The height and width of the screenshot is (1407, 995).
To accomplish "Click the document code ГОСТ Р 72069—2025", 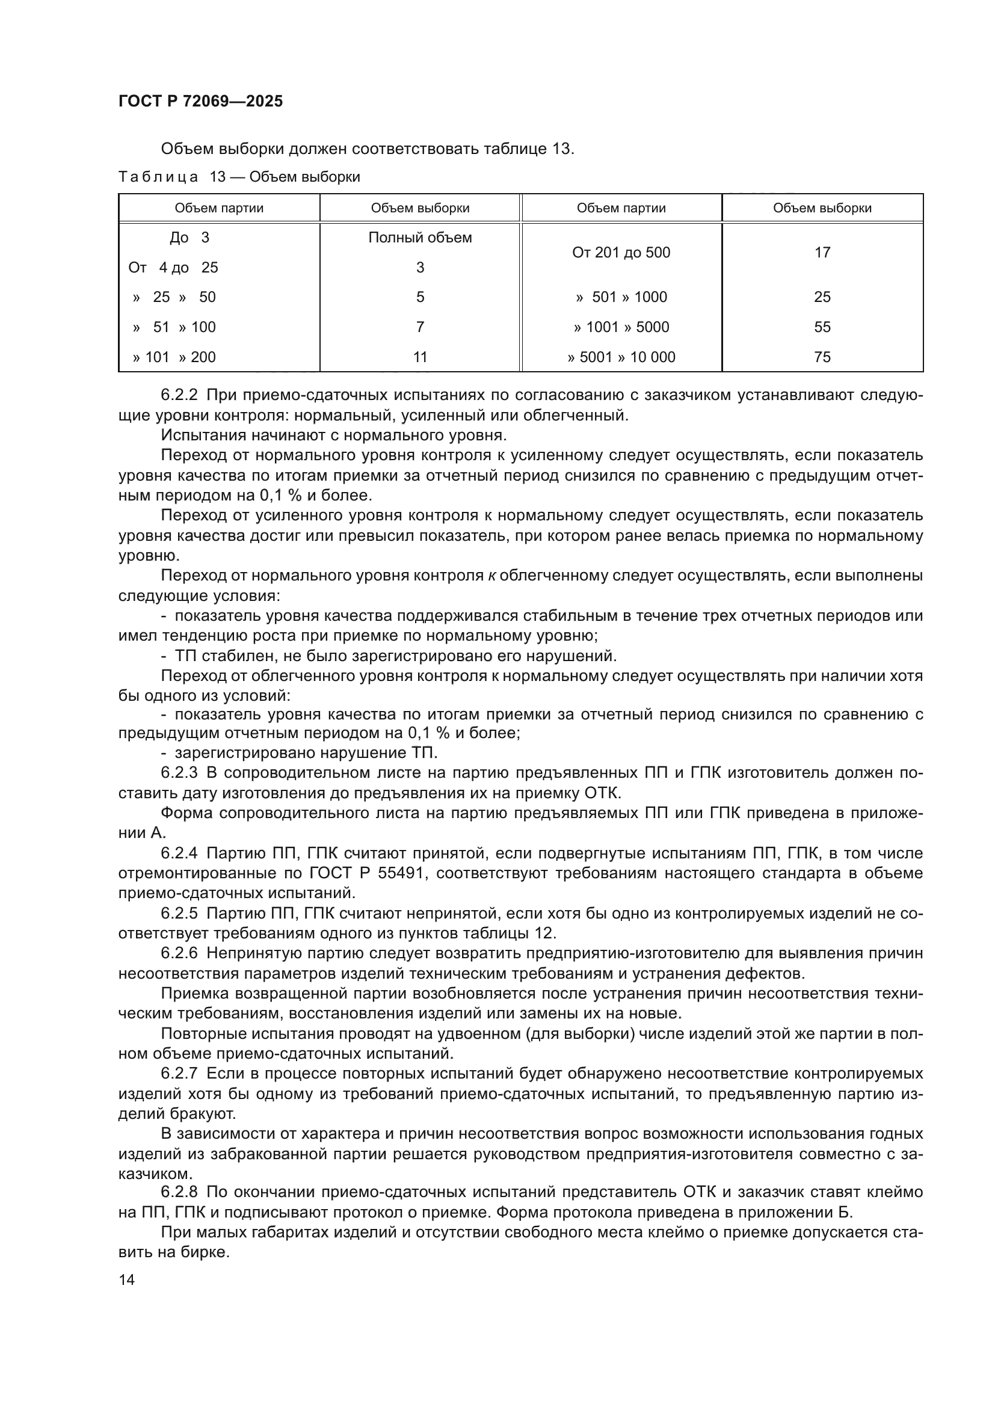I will click(200, 102).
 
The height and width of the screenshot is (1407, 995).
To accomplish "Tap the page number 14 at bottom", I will click(127, 1279).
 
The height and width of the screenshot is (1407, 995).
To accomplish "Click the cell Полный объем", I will click(420, 238).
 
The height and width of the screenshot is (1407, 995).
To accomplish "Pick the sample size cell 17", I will click(822, 253).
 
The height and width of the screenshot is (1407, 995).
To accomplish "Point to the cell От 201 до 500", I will click(621, 253).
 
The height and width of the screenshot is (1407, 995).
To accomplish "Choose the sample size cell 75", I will click(822, 357).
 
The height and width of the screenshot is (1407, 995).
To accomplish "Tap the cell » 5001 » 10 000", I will click(621, 357).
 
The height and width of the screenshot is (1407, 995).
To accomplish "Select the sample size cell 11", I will click(420, 357).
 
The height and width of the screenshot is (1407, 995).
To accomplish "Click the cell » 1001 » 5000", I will click(621, 327).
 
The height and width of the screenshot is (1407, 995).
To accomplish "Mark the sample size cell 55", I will click(822, 327).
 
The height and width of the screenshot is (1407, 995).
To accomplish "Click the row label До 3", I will click(189, 238).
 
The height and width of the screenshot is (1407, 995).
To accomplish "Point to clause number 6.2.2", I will click(179, 395).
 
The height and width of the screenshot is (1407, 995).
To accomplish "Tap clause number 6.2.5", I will click(179, 914).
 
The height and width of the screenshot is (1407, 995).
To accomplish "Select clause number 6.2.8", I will click(179, 1192).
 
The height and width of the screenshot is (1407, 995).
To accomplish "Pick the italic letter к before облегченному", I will click(491, 576).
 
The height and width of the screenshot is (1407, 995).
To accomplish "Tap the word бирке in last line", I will click(202, 1252).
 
